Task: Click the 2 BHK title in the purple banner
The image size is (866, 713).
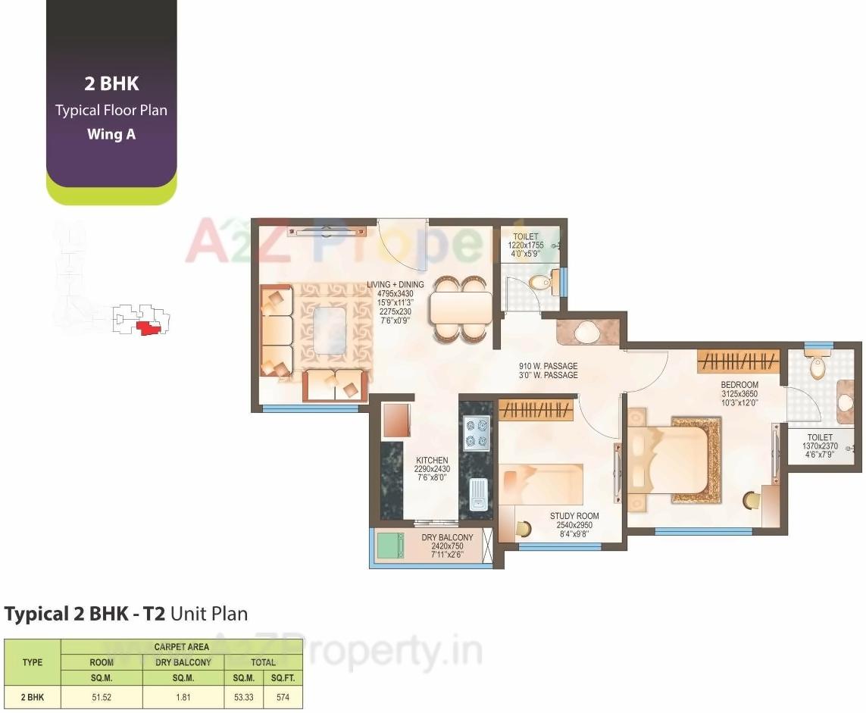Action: [x=111, y=83]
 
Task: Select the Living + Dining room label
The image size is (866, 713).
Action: [x=395, y=285]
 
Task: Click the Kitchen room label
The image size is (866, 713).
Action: [x=431, y=460]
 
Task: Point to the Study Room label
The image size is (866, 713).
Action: [x=574, y=517]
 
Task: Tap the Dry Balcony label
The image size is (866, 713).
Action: [x=447, y=538]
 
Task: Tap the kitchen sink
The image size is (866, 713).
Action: [x=478, y=494]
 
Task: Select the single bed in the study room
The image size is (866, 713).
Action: [x=541, y=484]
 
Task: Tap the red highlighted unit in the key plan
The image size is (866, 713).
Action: [x=148, y=327]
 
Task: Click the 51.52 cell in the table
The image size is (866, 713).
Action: [x=102, y=697]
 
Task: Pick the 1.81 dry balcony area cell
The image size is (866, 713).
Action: [x=183, y=697]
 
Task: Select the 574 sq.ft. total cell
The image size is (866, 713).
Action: [x=283, y=697]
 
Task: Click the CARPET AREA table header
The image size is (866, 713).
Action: [x=181, y=647]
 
